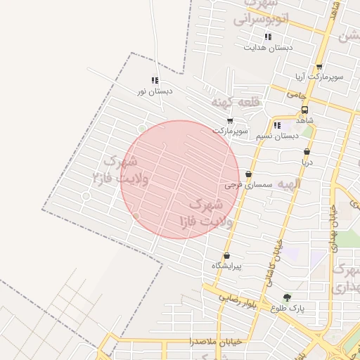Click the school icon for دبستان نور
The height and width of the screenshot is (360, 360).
155,80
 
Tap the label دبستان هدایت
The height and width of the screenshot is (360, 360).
268,48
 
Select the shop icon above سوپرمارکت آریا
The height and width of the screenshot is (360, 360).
319,67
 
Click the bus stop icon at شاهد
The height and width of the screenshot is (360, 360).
305,110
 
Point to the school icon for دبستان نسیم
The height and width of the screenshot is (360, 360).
277,125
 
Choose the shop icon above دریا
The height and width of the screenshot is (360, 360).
307,152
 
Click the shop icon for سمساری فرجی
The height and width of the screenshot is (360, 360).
248,174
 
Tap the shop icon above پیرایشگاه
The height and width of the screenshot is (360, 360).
226,256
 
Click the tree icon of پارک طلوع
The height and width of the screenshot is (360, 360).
286,297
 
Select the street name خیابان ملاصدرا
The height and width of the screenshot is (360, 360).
215,341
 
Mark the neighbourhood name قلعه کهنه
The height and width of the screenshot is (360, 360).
236,103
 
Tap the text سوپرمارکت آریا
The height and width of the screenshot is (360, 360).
319,77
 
